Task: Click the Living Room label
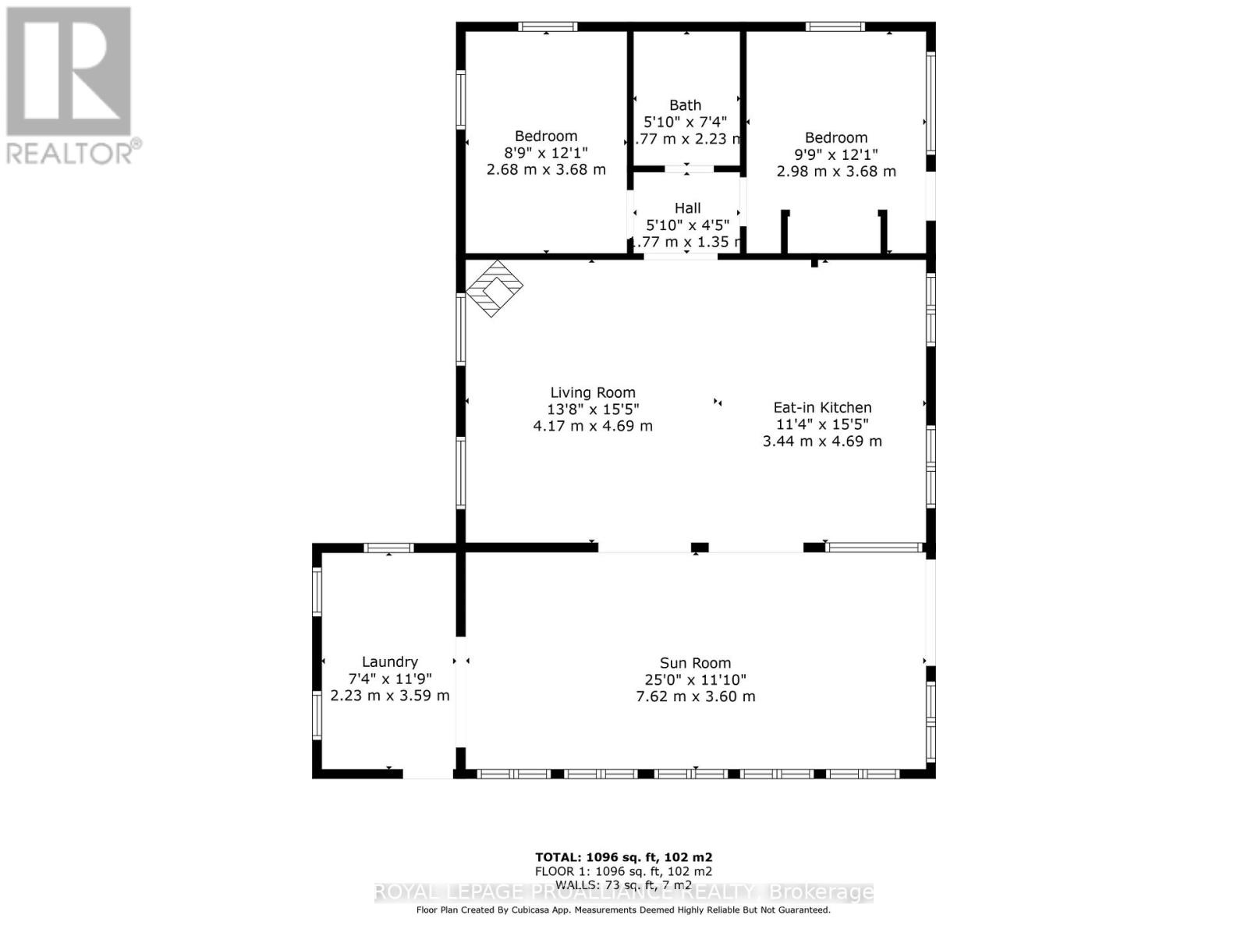[593, 393]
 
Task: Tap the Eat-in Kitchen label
[822, 407]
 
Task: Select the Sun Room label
[695, 664]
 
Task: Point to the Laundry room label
[390, 661]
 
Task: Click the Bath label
[685, 105]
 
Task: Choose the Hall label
[687, 208]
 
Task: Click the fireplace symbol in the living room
[495, 289]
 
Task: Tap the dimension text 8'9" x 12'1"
[546, 153]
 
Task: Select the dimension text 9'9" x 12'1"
[836, 154]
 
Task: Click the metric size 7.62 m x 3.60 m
[696, 697]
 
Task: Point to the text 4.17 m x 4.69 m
[593, 426]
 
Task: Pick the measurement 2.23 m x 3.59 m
[390, 695]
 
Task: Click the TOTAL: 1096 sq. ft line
[623, 856]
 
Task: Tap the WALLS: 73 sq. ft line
[623, 885]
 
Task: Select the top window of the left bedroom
[548, 27]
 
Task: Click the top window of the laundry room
[388, 548]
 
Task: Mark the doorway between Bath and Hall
[688, 168]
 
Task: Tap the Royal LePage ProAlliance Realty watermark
[624, 892]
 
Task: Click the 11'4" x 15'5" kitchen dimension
[822, 424]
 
